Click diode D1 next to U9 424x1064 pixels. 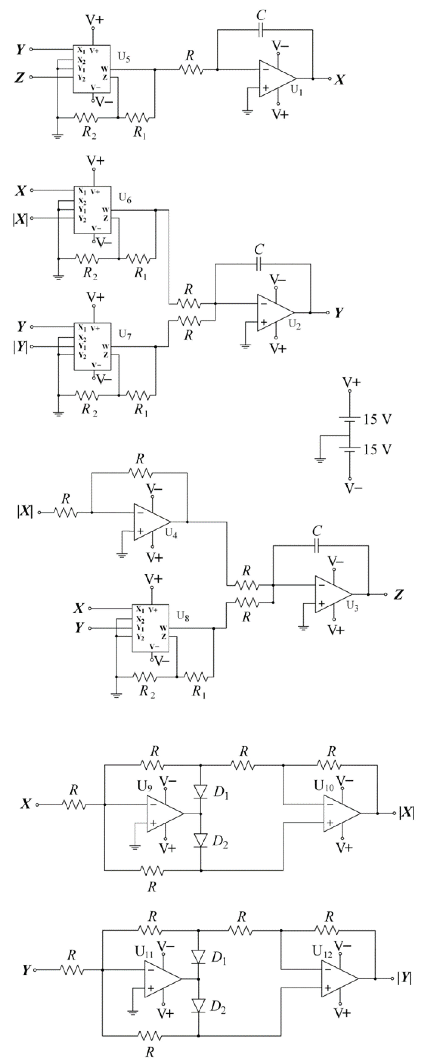click(201, 790)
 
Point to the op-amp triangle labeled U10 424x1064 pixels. click(341, 813)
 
